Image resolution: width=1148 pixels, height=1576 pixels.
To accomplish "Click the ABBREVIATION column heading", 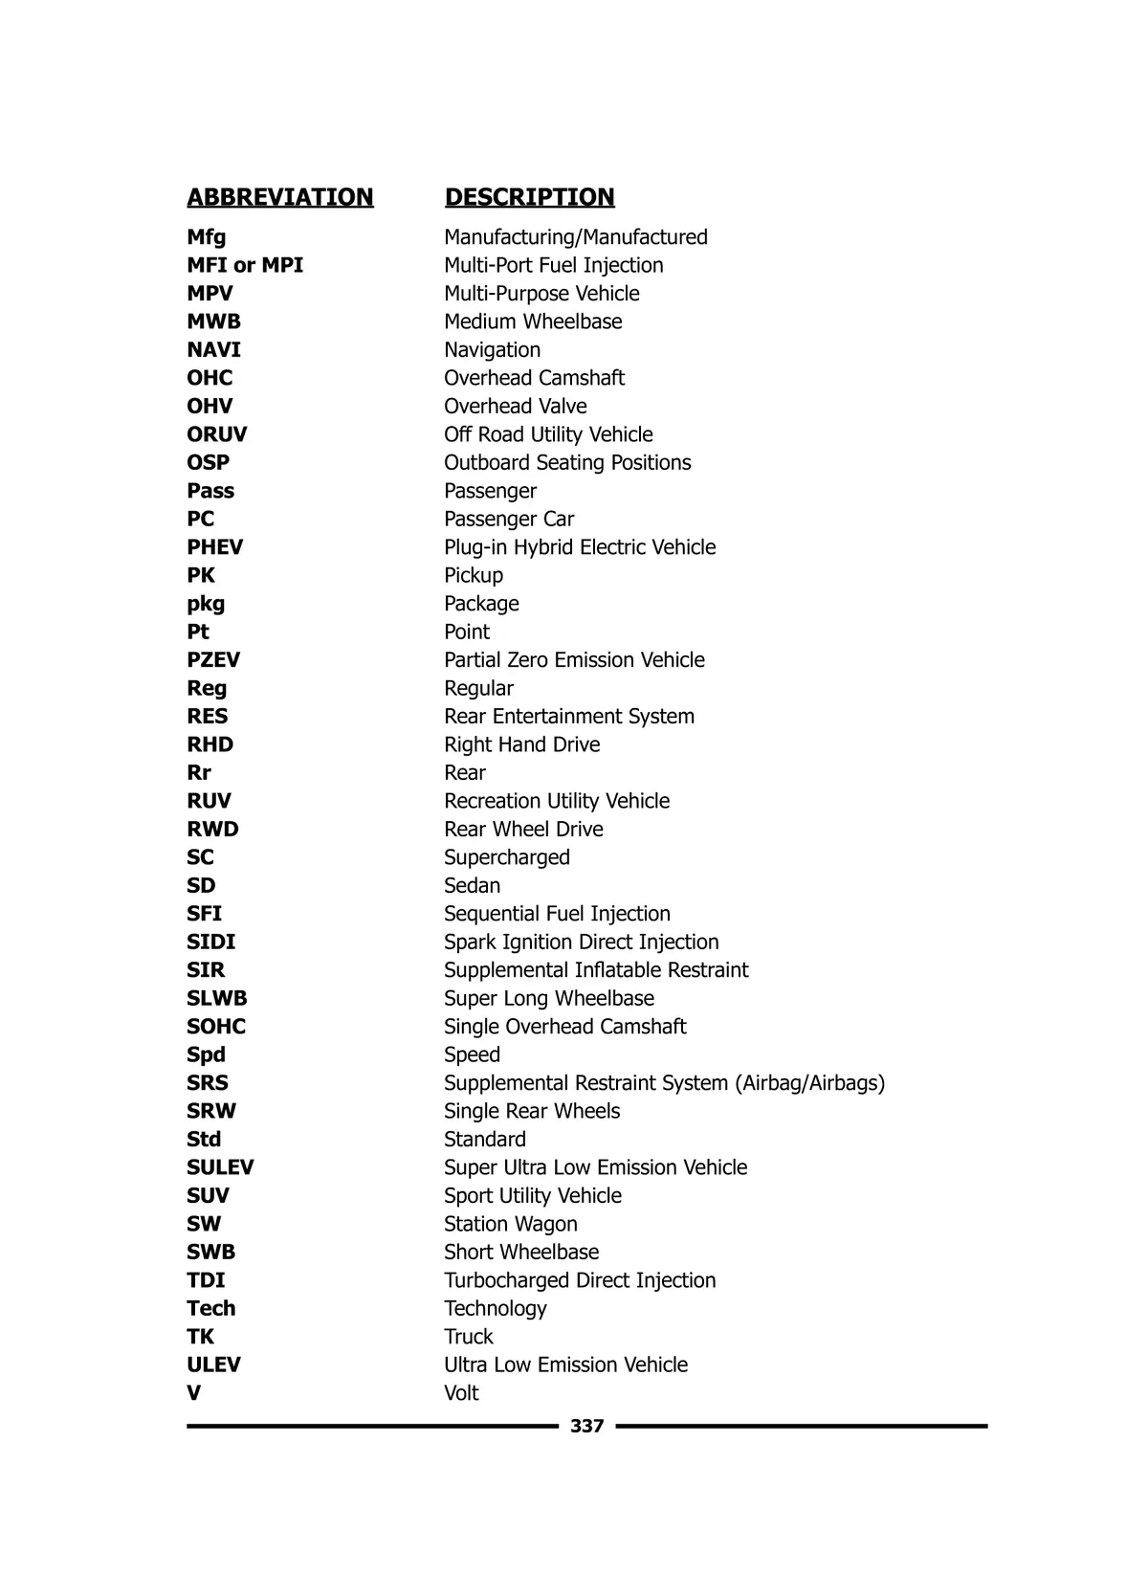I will point(280,197).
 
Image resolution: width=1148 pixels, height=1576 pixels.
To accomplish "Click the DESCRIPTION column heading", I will point(529,197).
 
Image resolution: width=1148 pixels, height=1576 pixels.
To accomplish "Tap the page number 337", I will point(586,1426).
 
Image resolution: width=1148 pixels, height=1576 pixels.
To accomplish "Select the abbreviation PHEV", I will point(215,547).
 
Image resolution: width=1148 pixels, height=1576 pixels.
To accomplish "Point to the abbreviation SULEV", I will point(220,1167).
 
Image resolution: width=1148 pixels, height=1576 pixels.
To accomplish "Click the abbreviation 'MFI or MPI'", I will point(245,265).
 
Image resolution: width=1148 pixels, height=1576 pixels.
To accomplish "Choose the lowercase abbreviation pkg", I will point(206,604).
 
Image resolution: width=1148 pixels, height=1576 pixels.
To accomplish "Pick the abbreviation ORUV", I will point(217,434).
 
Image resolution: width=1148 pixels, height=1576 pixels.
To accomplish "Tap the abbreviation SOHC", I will point(216,1027).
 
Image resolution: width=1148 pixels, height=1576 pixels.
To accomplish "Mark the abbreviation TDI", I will point(206,1280).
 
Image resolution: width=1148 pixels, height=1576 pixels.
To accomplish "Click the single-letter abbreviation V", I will point(194,1393).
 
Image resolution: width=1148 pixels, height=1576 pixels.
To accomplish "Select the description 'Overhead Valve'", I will point(515,407).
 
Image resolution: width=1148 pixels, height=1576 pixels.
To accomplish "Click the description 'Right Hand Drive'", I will point(521,744).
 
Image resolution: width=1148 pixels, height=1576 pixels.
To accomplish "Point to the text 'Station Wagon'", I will point(510,1224).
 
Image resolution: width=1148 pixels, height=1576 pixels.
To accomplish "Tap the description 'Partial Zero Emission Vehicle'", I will point(574,660).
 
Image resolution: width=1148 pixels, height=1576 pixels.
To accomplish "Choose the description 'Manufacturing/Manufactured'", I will point(575,237).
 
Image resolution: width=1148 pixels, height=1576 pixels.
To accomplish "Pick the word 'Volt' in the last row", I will point(461,1393).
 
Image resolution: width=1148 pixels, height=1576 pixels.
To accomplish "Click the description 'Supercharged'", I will point(506,857).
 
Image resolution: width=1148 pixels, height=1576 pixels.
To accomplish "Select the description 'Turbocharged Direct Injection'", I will point(579,1280).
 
